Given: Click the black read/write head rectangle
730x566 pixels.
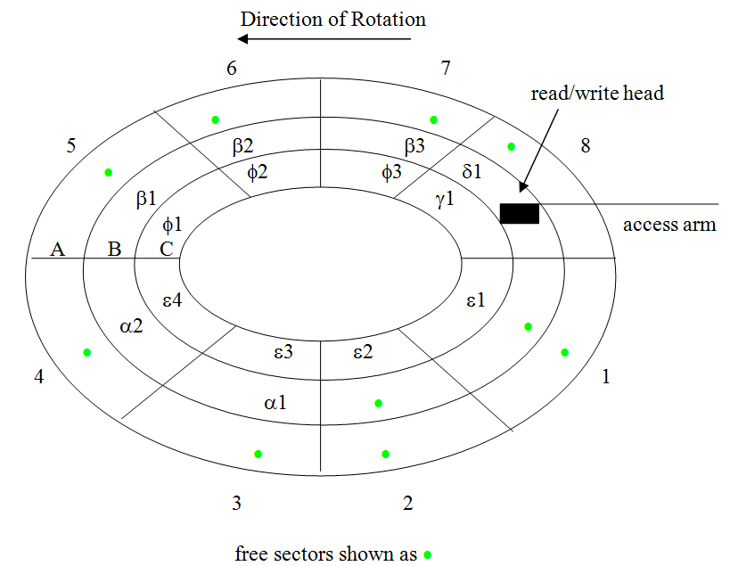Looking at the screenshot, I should coord(520,214).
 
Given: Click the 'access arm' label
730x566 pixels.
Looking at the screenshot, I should coord(669,224).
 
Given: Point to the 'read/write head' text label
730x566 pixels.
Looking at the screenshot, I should coord(597,93).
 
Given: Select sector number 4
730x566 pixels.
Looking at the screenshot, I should coord(38,377).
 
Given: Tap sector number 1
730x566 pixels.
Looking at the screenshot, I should coord(606,377).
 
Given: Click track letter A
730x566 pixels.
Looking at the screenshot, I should coord(58,249).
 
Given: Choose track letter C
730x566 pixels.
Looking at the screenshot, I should coord(167,249).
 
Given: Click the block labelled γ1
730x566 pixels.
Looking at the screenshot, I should coord(446,200).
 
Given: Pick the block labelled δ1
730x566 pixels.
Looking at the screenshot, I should coord(472,171).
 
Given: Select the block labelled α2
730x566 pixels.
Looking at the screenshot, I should coord(132,326).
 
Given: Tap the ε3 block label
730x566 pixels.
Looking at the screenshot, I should coord(284,352).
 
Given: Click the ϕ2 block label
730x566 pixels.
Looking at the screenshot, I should coord(257,171).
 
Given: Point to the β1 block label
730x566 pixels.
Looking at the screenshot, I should coord(147,200).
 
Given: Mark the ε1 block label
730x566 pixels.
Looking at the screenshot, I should coord(475,300).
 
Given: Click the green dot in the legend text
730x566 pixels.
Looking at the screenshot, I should coord(429,554).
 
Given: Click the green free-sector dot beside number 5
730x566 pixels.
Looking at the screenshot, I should coord(109,172).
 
